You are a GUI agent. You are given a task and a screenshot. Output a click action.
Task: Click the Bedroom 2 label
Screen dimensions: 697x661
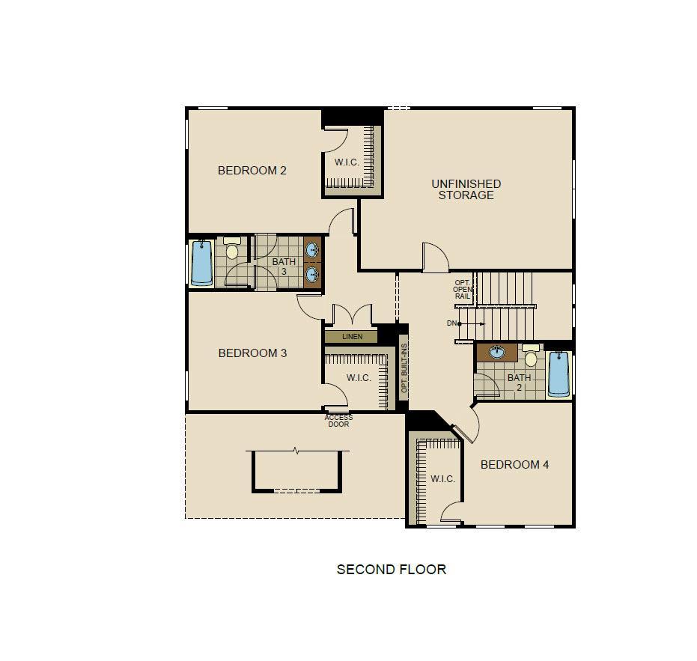(x=252, y=170)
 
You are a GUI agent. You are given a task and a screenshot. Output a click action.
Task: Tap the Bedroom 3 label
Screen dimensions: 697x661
(x=252, y=353)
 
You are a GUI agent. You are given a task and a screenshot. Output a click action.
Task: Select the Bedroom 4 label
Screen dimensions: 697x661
(x=515, y=465)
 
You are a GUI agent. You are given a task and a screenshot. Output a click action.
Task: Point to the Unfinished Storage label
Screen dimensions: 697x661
(x=466, y=189)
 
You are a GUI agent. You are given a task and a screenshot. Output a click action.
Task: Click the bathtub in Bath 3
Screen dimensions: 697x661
(x=202, y=263)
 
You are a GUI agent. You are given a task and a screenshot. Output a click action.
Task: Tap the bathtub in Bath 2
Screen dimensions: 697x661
(x=558, y=374)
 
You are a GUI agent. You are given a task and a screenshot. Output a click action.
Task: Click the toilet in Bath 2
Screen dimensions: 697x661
(x=531, y=355)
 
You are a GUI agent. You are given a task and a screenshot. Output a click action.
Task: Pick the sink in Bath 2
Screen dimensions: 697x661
(x=497, y=353)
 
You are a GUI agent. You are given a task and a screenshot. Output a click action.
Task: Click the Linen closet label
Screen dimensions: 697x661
(x=352, y=337)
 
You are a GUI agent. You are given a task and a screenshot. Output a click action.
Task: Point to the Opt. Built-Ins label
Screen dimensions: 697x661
(x=404, y=368)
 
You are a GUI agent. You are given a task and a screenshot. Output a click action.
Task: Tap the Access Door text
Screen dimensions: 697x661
(x=338, y=421)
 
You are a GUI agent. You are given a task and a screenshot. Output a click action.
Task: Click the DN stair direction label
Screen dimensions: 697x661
(x=451, y=323)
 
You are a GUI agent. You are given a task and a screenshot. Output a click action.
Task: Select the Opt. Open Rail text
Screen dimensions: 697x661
(x=463, y=290)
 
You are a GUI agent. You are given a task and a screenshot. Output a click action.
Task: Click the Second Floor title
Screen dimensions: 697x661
(x=391, y=570)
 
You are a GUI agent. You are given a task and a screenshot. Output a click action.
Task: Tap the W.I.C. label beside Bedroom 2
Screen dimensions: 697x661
(x=347, y=162)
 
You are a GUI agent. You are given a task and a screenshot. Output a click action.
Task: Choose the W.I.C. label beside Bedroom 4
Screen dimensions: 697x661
(x=442, y=479)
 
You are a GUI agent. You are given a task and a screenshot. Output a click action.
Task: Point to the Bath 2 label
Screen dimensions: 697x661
(x=520, y=383)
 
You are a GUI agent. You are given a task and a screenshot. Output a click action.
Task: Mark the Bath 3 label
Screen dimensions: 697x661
(x=284, y=266)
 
